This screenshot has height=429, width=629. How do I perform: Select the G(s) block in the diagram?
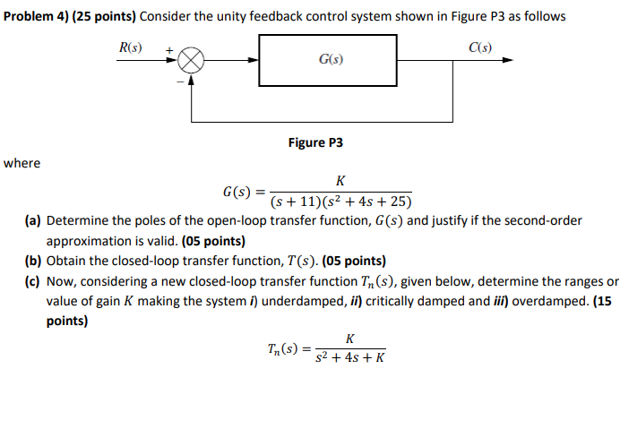tap(329, 60)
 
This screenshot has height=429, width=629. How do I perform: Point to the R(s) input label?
tap(130, 47)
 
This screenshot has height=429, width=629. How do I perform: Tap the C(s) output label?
tap(480, 47)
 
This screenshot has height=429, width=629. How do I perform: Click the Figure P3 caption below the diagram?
tap(315, 142)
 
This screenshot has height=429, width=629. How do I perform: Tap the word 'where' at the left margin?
tap(22, 163)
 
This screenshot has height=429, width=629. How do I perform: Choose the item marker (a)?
tap(33, 220)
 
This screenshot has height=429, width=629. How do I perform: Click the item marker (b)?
tap(33, 262)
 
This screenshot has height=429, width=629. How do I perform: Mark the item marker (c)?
tap(33, 281)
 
